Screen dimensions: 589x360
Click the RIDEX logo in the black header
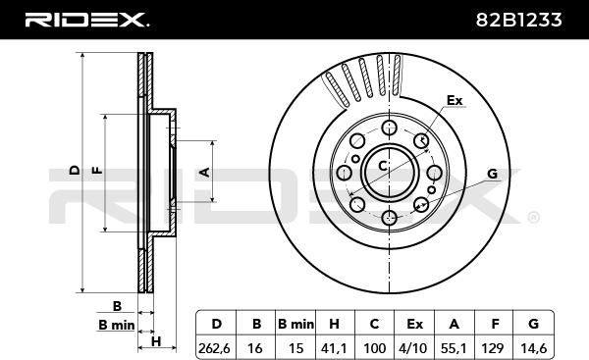pyautogui.click(x=87, y=20)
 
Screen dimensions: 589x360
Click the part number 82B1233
pyautogui.click(x=518, y=20)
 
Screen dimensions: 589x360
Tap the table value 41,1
pyautogui.click(x=334, y=348)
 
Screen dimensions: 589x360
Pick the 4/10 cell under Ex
pyautogui.click(x=413, y=348)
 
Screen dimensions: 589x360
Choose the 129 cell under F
pyautogui.click(x=493, y=348)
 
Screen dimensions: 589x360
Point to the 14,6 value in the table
pyautogui.click(x=533, y=348)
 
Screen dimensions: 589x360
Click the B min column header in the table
pyautogui.click(x=295, y=324)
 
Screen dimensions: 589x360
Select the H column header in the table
pyautogui.click(x=334, y=324)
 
